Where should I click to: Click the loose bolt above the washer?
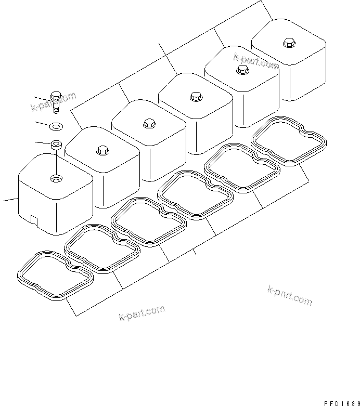tap(56, 100)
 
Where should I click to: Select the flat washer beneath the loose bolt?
tap(56, 125)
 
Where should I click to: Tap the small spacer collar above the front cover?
tap(56, 144)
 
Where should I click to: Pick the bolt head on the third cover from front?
tap(148, 124)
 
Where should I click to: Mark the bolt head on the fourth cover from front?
tap(195, 96)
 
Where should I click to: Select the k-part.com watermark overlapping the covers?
tap(256, 62)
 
